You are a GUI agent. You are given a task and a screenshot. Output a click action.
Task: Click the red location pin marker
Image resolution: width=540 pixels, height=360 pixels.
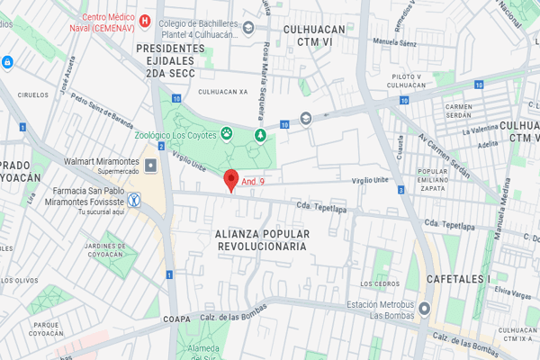[230, 180]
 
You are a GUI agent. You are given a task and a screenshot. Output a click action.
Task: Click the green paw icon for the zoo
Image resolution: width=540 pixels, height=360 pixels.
[227, 135]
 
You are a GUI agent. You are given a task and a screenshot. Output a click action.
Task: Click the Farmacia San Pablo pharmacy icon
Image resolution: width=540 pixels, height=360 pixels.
[134, 201]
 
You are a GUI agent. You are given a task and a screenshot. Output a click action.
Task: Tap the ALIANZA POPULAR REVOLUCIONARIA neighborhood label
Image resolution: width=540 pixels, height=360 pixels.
[262, 239]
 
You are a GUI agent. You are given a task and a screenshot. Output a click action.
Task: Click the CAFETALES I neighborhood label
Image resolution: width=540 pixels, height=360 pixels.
[458, 278]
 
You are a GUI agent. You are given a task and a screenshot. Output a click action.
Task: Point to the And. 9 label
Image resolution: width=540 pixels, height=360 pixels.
[253, 182]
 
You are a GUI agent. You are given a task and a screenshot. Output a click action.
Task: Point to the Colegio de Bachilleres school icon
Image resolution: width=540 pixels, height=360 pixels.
[247, 30]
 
